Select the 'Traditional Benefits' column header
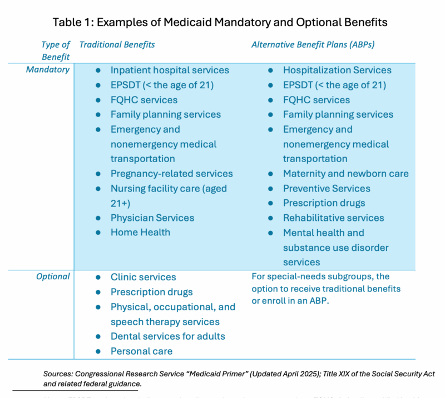117,44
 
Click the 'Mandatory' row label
48,70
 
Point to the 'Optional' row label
53,276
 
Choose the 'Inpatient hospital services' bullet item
170,70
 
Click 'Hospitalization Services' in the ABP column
337,70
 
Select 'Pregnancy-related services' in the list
171,174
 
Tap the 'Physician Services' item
152,218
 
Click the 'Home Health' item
140,233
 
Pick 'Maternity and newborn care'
345,174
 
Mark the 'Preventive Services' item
327,189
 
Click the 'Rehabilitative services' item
333,218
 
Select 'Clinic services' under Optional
143,277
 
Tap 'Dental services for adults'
167,336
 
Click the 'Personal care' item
141,351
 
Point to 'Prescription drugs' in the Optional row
151,292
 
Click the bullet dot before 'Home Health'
98,233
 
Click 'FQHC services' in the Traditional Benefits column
144,100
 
